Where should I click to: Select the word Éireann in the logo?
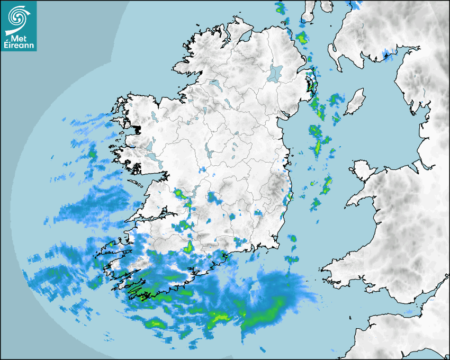pos(19,46)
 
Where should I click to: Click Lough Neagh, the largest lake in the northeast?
pos(275,73)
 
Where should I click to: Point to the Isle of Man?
pos(355,101)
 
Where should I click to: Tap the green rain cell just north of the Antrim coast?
pos(302,38)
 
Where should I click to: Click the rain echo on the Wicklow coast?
pos(290,197)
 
